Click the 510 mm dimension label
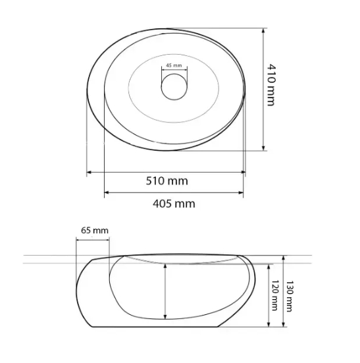click(167, 181)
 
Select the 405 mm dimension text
click(174, 204)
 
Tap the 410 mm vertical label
click(271, 85)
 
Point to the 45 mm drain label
click(174, 65)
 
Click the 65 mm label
click(95, 231)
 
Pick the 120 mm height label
click(274, 295)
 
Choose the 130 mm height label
click(290, 296)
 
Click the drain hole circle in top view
click(174, 87)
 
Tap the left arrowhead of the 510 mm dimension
click(89, 172)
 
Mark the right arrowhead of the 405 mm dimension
click(241, 192)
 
